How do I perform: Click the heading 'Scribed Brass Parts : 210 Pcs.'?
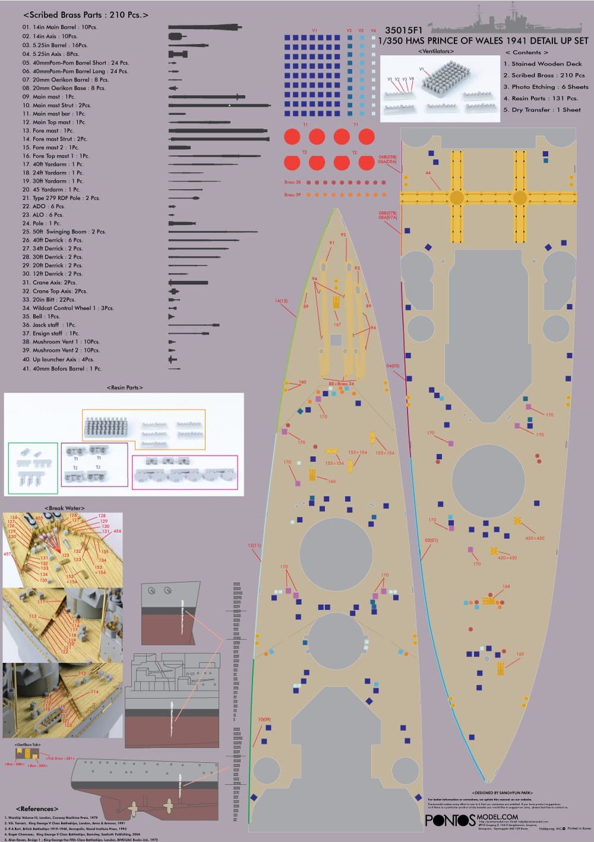click(86, 15)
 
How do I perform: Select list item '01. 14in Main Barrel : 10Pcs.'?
click(60, 27)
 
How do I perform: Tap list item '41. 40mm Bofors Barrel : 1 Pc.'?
click(62, 369)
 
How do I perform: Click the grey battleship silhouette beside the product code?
click(505, 21)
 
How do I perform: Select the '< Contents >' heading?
click(526, 52)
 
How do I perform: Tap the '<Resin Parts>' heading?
click(125, 387)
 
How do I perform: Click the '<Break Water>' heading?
click(65, 508)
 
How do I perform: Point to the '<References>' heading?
click(37, 809)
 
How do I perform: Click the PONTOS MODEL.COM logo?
click(472, 819)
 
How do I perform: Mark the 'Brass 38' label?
click(292, 182)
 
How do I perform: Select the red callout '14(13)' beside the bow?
click(281, 301)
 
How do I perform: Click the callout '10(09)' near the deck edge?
click(264, 720)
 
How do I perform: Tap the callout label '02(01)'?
click(431, 540)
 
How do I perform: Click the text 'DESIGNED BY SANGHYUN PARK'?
click(502, 793)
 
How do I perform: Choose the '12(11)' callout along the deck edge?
click(254, 545)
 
